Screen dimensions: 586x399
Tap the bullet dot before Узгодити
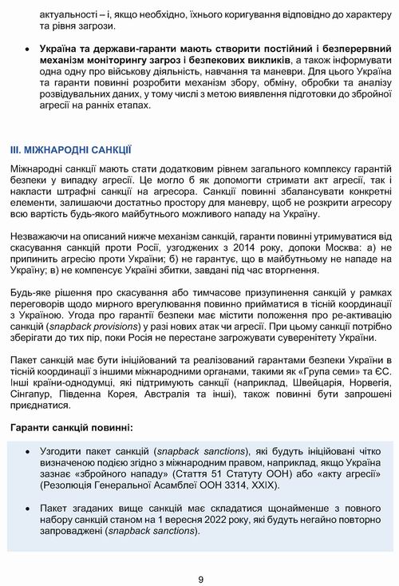29,451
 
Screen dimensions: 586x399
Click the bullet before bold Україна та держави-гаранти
29,49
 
